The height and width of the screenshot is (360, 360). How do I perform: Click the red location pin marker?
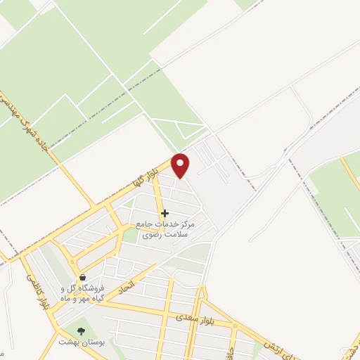coord(181,165)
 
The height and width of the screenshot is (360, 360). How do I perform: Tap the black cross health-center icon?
coord(165,213)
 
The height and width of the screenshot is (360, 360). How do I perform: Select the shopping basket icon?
coord(83,278)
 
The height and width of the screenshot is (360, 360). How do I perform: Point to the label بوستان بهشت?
coord(87,342)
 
